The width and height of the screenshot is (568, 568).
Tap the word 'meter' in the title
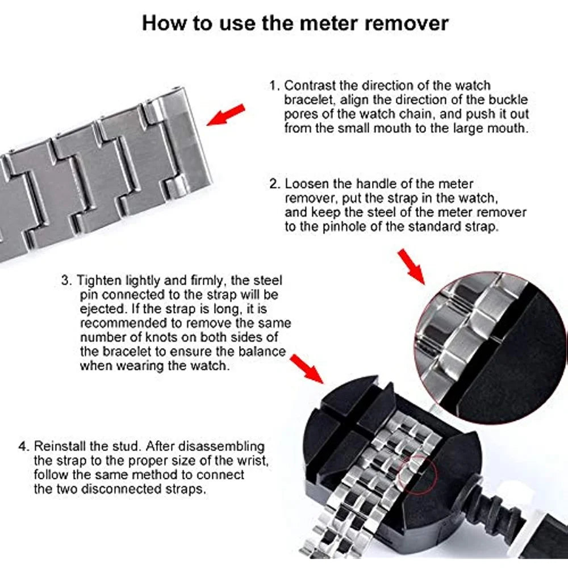pyautogui.click(x=329, y=23)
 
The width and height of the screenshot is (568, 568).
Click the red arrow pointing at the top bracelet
pyautogui.click(x=226, y=115)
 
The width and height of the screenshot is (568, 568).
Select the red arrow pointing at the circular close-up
pyautogui.click(x=411, y=266)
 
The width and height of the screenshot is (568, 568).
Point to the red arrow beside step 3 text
pyautogui.click(x=307, y=369)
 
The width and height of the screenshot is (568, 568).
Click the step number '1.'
pyautogui.click(x=274, y=86)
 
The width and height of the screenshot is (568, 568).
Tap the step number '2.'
pyautogui.click(x=275, y=184)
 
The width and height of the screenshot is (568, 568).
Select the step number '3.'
pyautogui.click(x=67, y=281)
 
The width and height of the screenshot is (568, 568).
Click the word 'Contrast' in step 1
pyautogui.click(x=310, y=86)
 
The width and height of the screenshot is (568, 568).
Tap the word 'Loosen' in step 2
pyautogui.click(x=307, y=184)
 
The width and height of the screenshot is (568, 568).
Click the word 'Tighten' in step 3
pyautogui.click(x=99, y=281)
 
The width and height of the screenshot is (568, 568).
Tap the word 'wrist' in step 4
pyautogui.click(x=253, y=461)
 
